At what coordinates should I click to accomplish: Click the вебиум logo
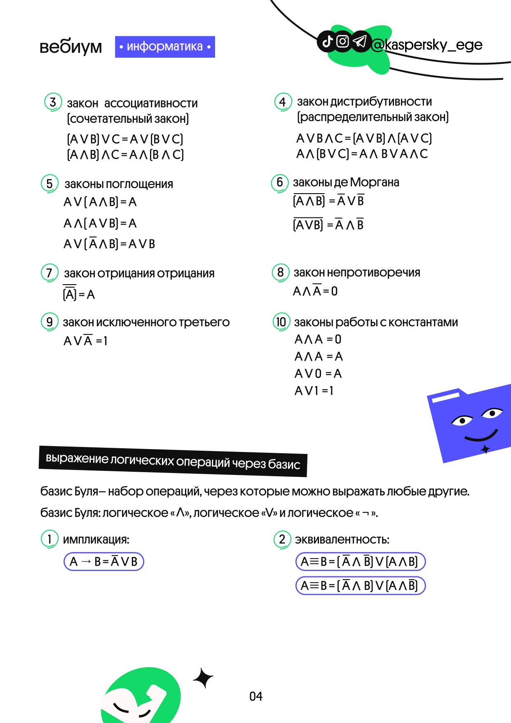[70, 47]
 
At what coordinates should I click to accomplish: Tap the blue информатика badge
[165, 47]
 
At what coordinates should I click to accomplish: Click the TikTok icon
[327, 41]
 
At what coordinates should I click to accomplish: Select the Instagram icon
[343, 41]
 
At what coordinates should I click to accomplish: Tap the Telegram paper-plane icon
[360, 41]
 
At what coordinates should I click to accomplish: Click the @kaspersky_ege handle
[427, 44]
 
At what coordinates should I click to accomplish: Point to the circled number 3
[53, 102]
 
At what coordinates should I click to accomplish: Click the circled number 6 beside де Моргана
[280, 182]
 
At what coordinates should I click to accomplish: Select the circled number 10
[281, 322]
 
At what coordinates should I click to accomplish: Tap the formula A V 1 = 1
[314, 391]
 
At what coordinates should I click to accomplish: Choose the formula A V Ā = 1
[85, 341]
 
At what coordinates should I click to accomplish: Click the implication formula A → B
[103, 562]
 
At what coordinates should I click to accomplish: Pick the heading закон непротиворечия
[357, 272]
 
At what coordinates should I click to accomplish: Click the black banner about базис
[173, 461]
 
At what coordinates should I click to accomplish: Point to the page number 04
[256, 696]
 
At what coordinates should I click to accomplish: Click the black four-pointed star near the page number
[203, 678]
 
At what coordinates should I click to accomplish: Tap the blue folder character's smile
[481, 436]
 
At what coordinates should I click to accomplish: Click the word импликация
[96, 540]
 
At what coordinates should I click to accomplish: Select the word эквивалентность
[342, 540]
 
